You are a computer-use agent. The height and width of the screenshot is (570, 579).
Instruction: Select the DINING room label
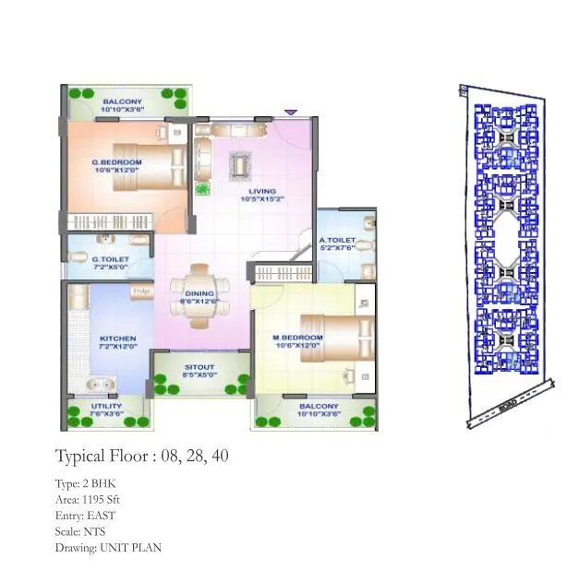[x=199, y=294]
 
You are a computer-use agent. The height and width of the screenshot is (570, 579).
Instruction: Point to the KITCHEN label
[x=117, y=338]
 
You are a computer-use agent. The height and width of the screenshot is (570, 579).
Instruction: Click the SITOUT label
[x=199, y=366]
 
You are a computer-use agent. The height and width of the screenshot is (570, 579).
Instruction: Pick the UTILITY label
[x=106, y=407]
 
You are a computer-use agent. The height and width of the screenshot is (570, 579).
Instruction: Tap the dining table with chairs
[x=199, y=296]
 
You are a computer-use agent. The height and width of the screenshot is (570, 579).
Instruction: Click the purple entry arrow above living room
[x=290, y=112]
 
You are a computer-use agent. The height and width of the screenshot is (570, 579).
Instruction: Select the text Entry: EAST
[x=85, y=515]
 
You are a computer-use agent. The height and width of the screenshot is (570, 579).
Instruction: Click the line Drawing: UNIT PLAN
[x=107, y=547]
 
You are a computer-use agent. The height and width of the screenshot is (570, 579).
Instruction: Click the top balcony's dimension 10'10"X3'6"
[x=122, y=111]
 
